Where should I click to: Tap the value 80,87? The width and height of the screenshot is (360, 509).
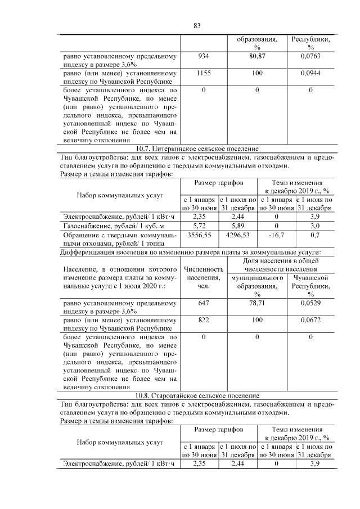(257, 56)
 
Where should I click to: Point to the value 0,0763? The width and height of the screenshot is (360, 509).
(310, 56)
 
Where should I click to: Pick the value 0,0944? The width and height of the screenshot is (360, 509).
(310, 73)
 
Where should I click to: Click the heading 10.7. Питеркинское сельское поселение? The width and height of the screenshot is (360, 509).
(197, 148)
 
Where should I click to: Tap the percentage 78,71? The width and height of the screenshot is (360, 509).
(257, 302)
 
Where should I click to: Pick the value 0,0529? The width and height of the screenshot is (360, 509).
(310, 302)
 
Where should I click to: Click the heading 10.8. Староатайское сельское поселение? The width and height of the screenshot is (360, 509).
(197, 395)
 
